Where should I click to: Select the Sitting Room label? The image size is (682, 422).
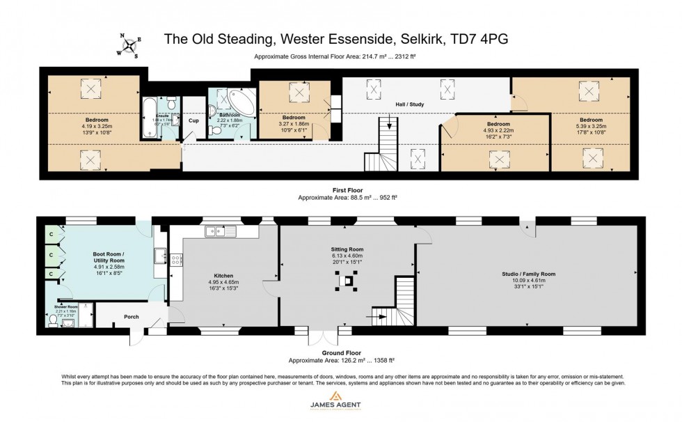coord(347,249)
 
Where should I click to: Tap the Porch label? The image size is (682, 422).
coord(131,317)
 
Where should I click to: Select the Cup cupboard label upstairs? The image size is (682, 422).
coord(194,120)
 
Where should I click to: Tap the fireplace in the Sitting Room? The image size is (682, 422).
coord(346,282)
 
